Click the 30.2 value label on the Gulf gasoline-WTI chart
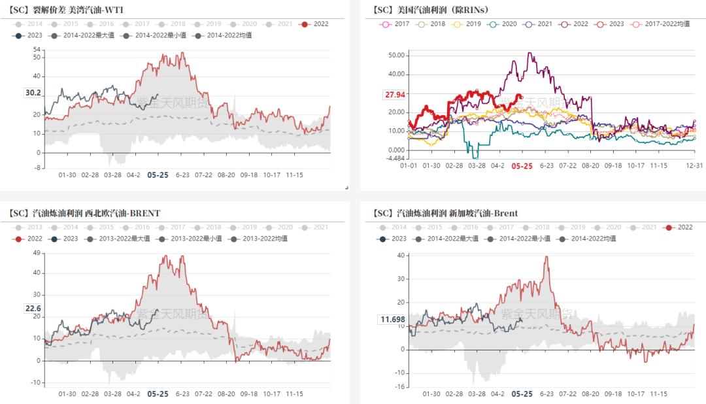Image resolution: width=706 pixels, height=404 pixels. pos(33,93)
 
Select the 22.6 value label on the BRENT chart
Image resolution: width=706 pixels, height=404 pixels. pos(33,309)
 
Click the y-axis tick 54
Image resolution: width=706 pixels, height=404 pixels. pos(37,50)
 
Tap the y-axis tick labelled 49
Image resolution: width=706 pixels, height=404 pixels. pos(37,253)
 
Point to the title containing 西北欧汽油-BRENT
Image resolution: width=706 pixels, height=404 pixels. pos(85,213)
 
